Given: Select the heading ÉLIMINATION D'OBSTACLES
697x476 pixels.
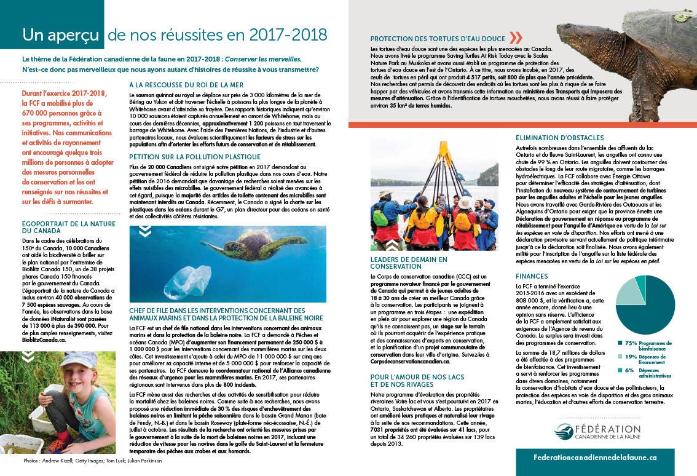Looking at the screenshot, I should coord(560,138).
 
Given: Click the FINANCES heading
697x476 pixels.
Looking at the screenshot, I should coord(532,277).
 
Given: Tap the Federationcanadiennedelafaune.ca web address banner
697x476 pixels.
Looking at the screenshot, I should coord(596,458).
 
